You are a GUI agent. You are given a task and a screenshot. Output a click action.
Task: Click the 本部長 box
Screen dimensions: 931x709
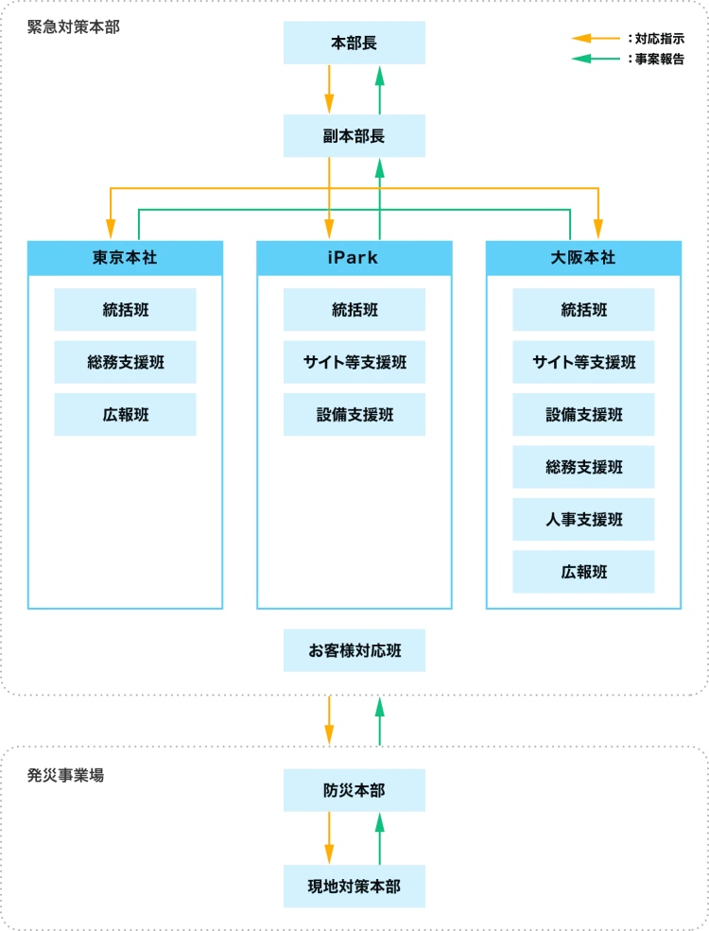pos(354,43)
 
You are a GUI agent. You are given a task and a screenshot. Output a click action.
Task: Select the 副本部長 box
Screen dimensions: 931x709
pos(354,136)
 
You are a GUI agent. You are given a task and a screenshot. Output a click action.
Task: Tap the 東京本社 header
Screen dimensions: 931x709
pos(125,257)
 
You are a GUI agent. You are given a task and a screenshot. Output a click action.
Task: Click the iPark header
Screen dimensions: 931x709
pos(354,257)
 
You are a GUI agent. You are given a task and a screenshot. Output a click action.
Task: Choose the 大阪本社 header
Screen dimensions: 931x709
pos(583,257)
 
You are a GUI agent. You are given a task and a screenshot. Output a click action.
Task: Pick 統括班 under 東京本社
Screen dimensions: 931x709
pos(125,310)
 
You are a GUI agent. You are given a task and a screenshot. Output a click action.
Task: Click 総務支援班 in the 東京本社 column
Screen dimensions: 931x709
pos(125,363)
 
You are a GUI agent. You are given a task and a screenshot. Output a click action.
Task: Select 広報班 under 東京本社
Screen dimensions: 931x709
pos(125,415)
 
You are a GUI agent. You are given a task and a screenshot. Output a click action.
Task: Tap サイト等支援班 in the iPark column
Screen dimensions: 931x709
pos(354,363)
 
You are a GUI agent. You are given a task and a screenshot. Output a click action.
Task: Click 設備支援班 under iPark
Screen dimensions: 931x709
pos(354,415)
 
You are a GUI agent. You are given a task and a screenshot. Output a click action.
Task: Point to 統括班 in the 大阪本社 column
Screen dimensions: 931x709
pos(583,310)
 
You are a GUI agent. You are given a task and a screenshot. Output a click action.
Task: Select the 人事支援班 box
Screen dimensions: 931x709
pos(583,520)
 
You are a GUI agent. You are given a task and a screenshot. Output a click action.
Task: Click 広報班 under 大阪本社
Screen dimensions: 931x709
pos(583,573)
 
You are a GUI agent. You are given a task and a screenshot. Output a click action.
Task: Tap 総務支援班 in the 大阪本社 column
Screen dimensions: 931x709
pos(583,468)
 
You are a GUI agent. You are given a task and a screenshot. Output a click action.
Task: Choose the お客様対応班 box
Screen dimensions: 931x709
pos(354,651)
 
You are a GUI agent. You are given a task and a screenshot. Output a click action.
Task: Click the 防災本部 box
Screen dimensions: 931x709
pos(354,790)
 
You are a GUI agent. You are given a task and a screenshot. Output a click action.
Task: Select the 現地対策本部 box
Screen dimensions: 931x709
pos(354,887)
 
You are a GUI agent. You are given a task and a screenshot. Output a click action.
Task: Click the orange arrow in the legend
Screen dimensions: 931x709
pos(594,39)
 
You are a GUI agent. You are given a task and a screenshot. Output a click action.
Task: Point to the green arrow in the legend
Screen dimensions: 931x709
pos(594,60)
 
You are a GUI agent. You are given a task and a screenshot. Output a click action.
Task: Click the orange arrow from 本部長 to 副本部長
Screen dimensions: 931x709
pos(329,90)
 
